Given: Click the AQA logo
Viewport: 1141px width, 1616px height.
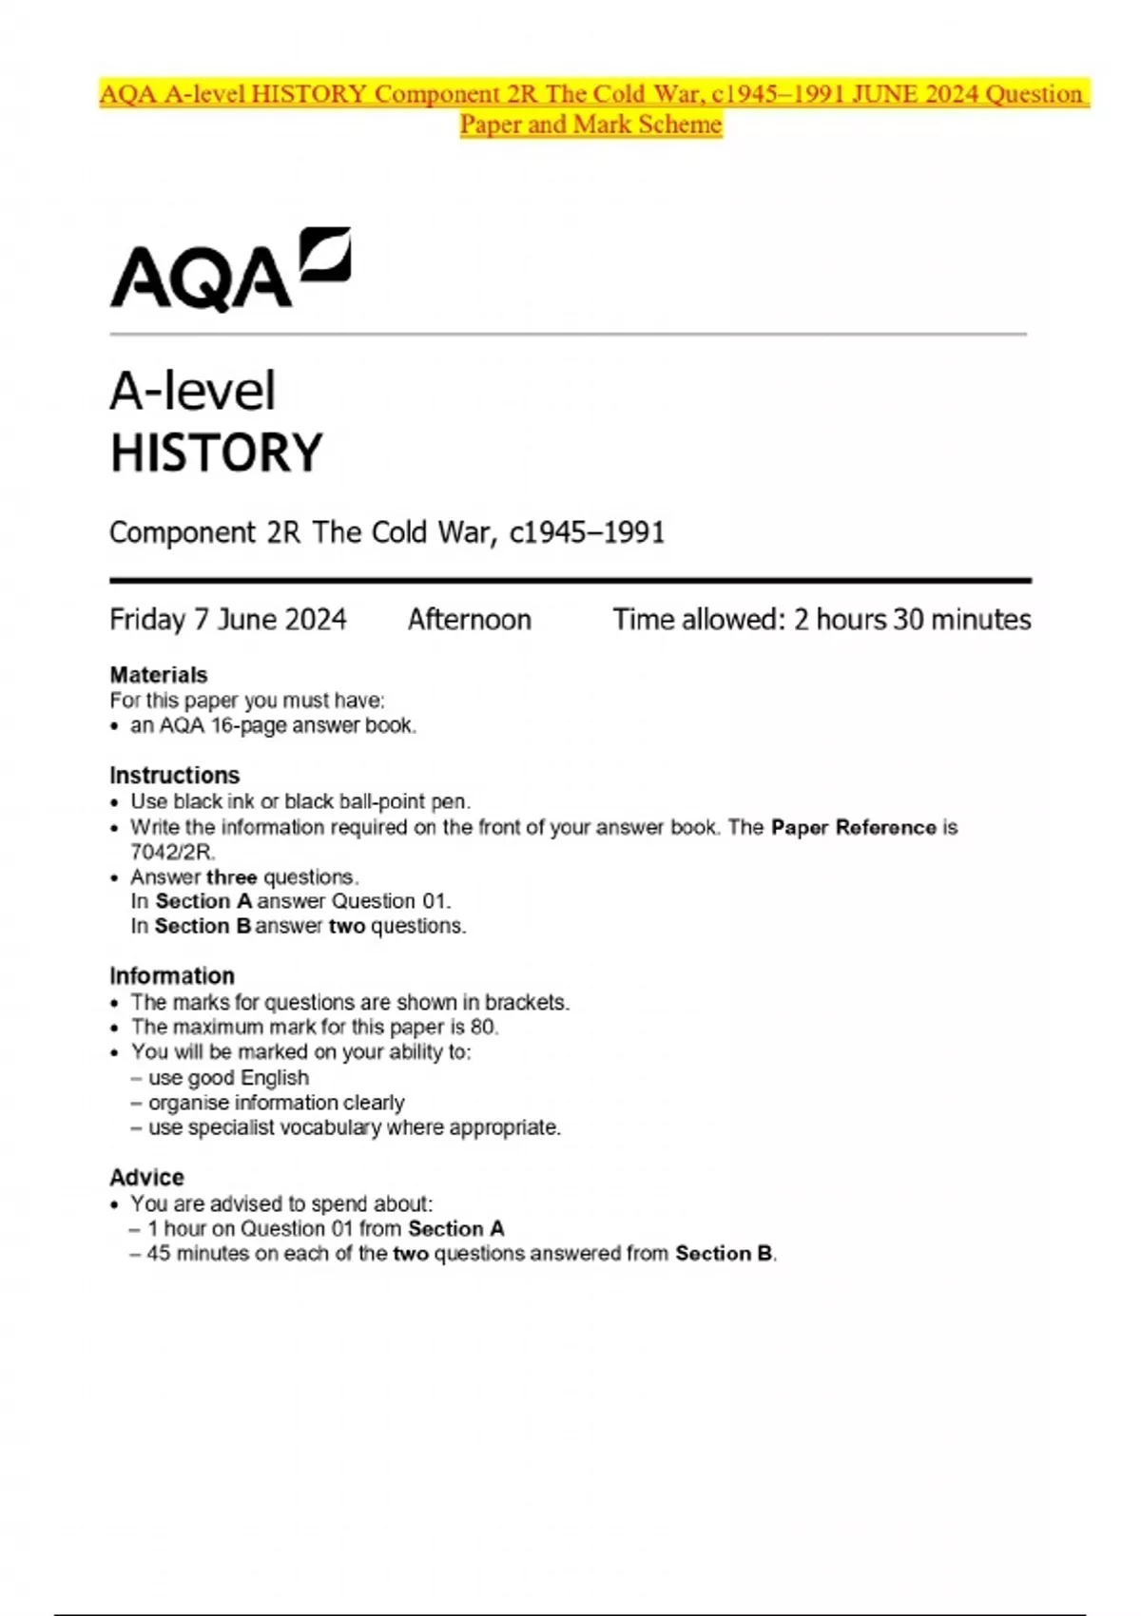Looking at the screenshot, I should click(230, 270).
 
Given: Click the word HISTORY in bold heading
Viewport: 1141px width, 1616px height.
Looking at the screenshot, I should click(217, 452).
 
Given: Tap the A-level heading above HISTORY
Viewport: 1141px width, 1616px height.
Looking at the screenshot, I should click(193, 391).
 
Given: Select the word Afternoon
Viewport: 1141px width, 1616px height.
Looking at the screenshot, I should click(470, 620).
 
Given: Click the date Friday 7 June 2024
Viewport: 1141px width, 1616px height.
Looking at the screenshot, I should click(228, 620).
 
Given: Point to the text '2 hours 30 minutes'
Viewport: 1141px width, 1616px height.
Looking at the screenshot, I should click(912, 620).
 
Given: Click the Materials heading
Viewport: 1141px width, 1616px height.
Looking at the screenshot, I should click(159, 675).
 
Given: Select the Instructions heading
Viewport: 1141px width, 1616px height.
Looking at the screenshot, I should click(175, 775).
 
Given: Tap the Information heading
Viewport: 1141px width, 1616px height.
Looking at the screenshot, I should click(172, 976).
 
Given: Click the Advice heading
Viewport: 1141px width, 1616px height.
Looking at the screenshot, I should click(147, 1178).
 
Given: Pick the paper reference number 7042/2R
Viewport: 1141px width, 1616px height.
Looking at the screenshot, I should click(172, 852).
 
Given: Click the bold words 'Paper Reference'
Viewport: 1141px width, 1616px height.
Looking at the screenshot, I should click(854, 827).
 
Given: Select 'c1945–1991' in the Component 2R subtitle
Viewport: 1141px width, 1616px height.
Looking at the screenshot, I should click(587, 532).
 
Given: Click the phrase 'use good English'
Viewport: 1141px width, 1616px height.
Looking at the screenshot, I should click(228, 1077).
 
